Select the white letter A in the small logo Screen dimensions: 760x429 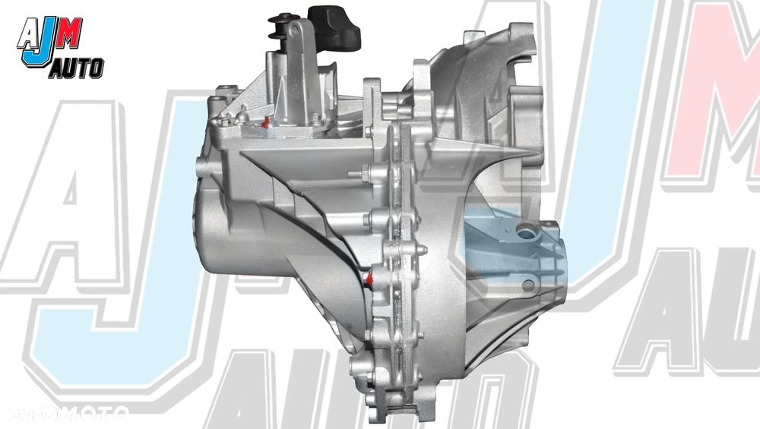click(27, 34)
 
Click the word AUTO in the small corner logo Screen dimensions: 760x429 click(77, 68)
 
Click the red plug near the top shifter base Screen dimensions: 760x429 click(264, 123)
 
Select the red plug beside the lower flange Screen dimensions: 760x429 click(369, 280)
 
